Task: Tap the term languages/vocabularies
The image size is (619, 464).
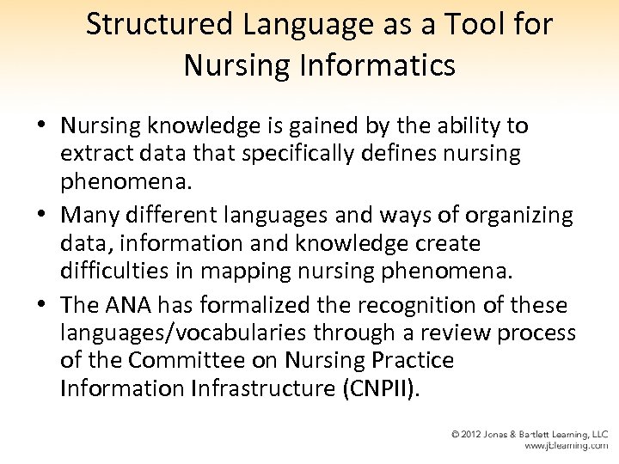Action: (197, 333)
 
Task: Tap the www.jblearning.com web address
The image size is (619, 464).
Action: (566, 446)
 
